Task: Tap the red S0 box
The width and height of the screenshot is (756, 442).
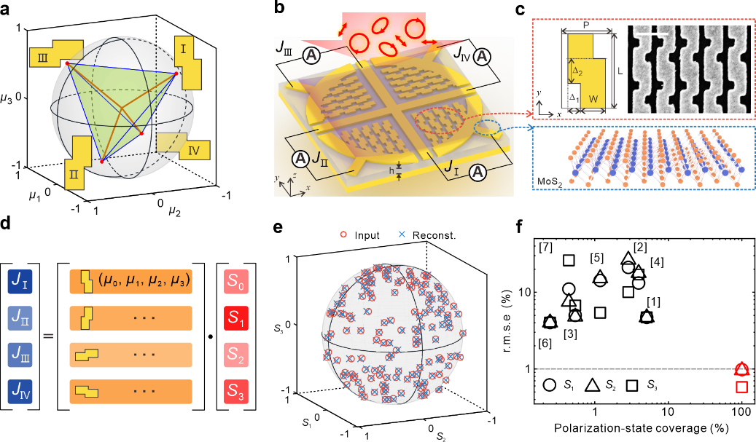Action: tap(236, 281)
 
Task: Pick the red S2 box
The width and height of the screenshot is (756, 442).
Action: tap(236, 355)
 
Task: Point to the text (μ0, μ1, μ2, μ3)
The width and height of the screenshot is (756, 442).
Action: tap(144, 280)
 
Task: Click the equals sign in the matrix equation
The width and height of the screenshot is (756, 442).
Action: tap(48, 336)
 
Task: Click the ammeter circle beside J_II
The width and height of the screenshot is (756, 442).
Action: tap(300, 158)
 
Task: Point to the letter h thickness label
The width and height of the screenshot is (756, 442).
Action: tap(391, 171)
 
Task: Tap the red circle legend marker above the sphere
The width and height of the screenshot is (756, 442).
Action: tap(343, 234)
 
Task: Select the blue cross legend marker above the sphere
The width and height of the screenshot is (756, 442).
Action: tap(402, 234)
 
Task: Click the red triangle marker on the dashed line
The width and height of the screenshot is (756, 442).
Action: tap(741, 369)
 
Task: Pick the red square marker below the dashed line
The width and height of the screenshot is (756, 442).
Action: tap(741, 387)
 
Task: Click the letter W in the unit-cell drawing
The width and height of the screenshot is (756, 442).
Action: tap(593, 99)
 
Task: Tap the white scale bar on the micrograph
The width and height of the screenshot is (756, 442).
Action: tap(658, 33)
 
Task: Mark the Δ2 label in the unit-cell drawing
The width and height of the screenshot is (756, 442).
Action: tap(576, 71)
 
